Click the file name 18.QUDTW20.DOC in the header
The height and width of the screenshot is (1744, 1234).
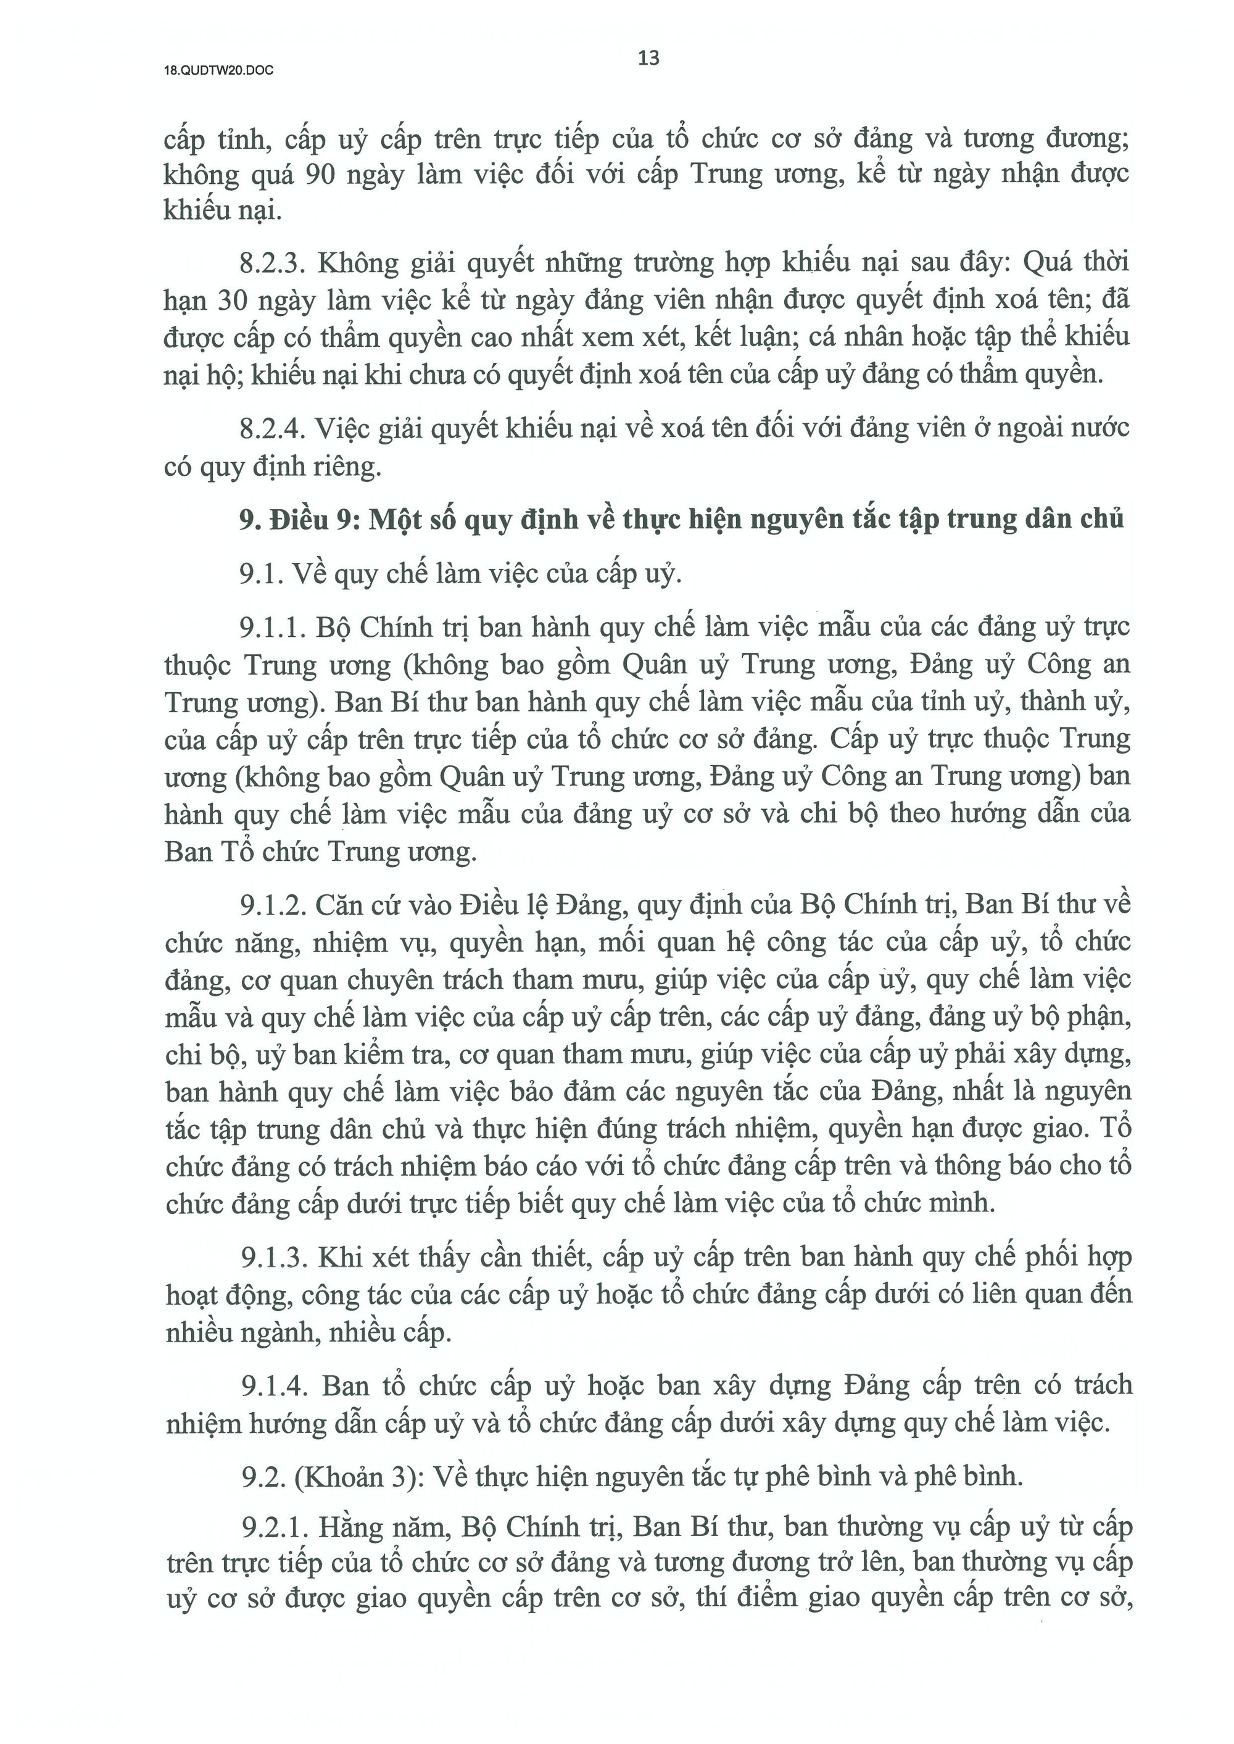[x=219, y=72]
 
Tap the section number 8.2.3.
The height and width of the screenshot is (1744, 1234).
[x=271, y=264]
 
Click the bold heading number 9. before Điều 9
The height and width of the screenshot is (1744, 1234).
[x=251, y=520]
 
